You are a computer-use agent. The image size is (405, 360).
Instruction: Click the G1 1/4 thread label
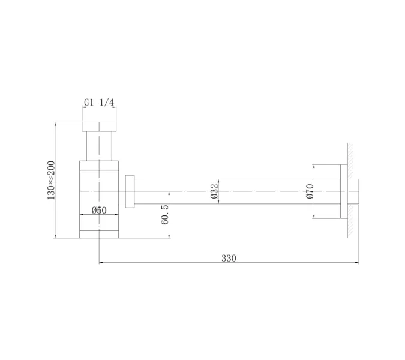point(99,103)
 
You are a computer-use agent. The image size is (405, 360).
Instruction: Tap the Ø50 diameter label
point(99,210)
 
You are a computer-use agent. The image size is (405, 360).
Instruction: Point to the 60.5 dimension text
point(165,214)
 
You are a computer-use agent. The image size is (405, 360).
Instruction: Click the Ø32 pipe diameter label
point(214,191)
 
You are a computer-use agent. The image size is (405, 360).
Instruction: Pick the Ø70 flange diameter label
point(310,191)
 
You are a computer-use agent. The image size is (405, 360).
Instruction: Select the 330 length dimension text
point(229,259)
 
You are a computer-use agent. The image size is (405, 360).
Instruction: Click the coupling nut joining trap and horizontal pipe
point(129,191)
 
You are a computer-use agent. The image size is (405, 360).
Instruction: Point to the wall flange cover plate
point(343,191)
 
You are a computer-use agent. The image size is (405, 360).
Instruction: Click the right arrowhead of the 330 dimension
point(356,262)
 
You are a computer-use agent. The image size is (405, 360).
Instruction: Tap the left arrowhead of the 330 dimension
point(101,262)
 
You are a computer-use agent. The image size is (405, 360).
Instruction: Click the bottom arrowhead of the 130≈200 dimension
point(55,236)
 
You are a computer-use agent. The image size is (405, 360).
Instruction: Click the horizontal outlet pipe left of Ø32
point(174,191)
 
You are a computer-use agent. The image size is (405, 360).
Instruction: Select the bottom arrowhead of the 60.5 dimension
point(170,236)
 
